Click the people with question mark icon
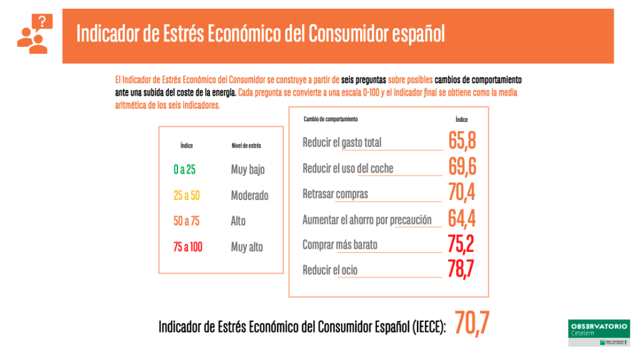(35, 34)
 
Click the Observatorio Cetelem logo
(599, 333)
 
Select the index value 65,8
(462, 141)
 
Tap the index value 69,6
(462, 167)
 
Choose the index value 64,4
(462, 218)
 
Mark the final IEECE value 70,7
(472, 323)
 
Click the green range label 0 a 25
(184, 170)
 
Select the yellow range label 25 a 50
(187, 196)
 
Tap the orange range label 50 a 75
(186, 221)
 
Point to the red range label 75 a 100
(188, 247)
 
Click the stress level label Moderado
(249, 196)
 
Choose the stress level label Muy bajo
(247, 170)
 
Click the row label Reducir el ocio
(330, 271)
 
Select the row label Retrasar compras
(335, 194)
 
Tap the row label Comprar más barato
(340, 245)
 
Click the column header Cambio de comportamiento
(331, 119)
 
